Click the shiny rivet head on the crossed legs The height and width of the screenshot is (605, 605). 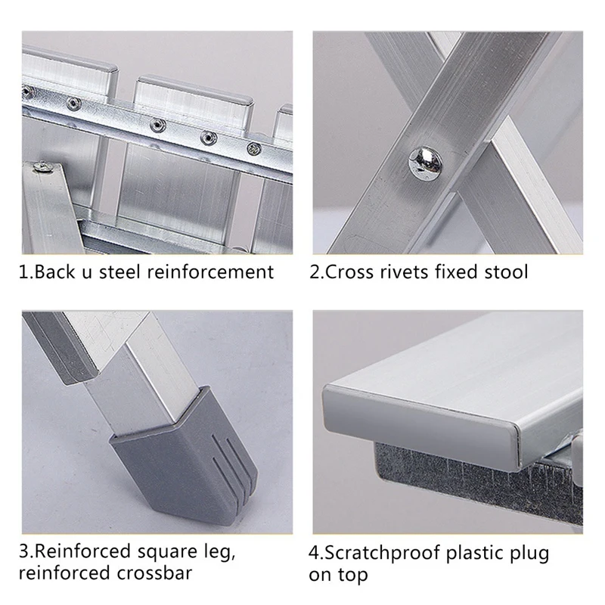[426, 163]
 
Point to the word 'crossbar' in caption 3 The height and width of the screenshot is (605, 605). [154, 572]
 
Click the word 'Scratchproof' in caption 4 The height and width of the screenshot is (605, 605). [383, 554]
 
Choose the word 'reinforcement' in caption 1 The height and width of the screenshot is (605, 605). [211, 271]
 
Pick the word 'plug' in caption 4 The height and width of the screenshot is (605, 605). [532, 554]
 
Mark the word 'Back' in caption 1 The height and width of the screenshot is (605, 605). [54, 271]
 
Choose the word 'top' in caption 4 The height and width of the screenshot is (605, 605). [353, 576]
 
